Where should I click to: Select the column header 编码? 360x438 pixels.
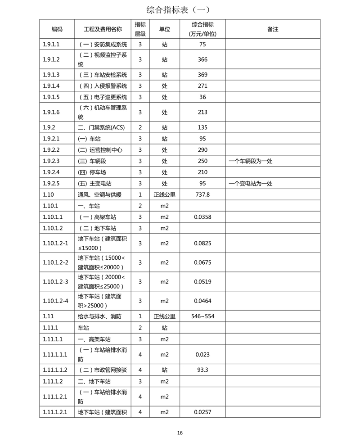(57, 29)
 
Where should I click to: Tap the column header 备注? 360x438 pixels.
(273, 29)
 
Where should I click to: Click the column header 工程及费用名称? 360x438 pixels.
(103, 29)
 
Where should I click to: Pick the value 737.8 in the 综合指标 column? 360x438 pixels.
(202, 194)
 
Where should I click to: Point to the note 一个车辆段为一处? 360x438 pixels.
(251, 161)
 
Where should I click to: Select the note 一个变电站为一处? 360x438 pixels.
(251, 183)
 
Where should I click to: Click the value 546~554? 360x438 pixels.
(202, 316)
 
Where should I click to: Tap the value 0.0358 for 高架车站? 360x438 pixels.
(202, 217)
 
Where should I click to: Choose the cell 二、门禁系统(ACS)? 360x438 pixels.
(101, 127)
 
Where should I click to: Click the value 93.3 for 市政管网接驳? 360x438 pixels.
(202, 370)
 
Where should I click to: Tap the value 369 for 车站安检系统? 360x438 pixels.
(202, 74)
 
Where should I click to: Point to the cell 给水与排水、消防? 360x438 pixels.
(99, 316)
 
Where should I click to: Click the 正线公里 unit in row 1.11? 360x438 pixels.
(165, 316)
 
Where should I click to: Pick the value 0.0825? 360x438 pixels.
(202, 243)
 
